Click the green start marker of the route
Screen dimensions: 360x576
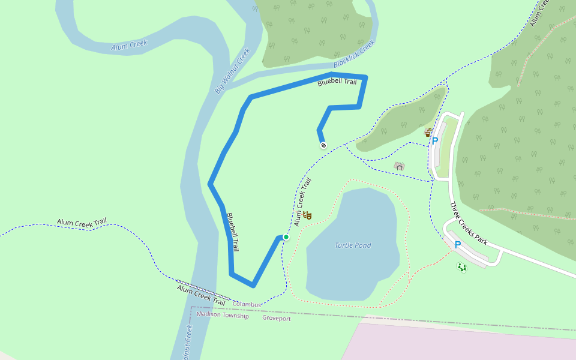[286, 238]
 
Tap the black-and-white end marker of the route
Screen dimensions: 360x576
[323, 145]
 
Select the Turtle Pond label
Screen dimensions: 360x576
[353, 245]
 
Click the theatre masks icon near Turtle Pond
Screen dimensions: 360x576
[307, 215]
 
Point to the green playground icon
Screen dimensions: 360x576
[461, 268]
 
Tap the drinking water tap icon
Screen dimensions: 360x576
[428, 133]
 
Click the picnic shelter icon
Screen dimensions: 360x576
[399, 166]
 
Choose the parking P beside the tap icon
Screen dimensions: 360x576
[435, 141]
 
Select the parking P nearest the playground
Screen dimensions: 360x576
[457, 245]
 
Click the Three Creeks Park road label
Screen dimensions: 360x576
[469, 224]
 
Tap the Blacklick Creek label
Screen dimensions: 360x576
[354, 54]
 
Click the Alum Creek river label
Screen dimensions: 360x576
[129, 45]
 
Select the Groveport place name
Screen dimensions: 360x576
[276, 319]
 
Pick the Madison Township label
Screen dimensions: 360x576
[222, 315]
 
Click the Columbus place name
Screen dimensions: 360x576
[247, 305]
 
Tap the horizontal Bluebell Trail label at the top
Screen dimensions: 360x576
[337, 82]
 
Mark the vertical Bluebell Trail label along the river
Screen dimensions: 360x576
[233, 232]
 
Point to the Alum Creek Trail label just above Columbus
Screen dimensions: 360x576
[200, 293]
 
